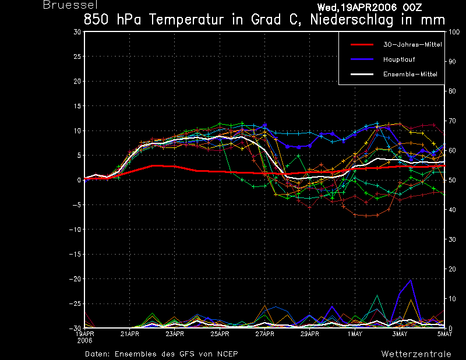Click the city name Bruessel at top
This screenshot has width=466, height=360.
tap(70, 5)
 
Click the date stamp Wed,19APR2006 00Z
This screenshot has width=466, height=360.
tap(369, 7)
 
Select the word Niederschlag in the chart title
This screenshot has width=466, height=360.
tap(352, 20)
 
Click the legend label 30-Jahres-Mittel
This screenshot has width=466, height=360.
tap(412, 45)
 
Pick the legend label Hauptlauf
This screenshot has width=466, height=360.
tap(399, 59)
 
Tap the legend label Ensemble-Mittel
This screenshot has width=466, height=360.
tap(410, 74)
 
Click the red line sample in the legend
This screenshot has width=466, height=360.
tap(362, 45)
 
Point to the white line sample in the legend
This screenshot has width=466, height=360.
tap(362, 74)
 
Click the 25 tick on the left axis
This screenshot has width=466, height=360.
tap(77, 57)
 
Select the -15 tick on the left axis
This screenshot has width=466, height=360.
tap(75, 254)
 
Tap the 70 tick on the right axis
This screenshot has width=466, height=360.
tap(452, 121)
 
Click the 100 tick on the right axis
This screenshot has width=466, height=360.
tap(454, 32)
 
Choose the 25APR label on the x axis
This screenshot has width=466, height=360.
tap(220, 334)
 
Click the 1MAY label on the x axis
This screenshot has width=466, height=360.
tap(355, 334)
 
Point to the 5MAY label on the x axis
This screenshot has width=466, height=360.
tap(444, 334)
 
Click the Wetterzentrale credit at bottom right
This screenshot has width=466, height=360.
tap(416, 354)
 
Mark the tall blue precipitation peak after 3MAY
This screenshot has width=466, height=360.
tap(411, 280)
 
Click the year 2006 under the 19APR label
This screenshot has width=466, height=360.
tap(84, 341)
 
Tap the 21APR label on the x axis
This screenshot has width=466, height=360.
tap(130, 334)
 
